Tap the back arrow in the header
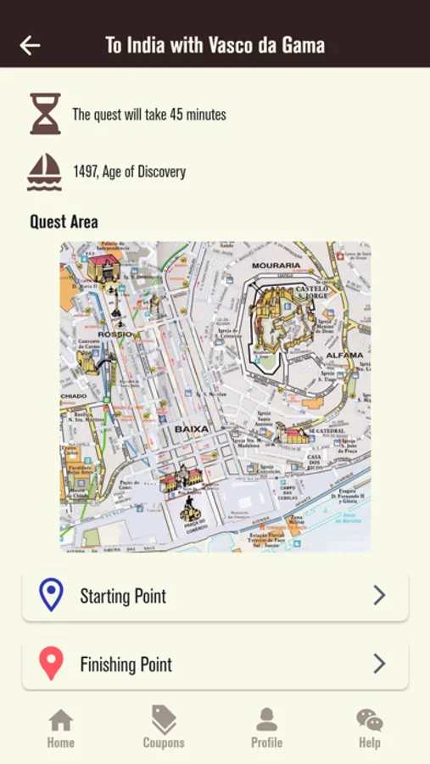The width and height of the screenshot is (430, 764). tap(31, 46)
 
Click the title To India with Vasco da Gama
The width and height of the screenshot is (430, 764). tap(215, 46)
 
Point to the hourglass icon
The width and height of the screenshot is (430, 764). tap(45, 114)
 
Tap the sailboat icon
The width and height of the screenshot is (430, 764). tap(45, 171)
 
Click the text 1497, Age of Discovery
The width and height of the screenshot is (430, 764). tap(129, 171)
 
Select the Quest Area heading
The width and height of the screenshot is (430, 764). tap(64, 222)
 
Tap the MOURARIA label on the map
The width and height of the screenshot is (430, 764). tap(276, 266)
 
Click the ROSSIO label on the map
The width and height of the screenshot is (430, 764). tap(114, 334)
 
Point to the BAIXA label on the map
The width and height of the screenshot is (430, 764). tap(191, 430)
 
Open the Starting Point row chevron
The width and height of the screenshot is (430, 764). tap(379, 596)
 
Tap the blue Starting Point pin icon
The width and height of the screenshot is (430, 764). tap(52, 595)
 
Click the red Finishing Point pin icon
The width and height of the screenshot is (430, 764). tap(52, 664)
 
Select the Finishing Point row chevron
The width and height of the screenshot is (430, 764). tap(379, 664)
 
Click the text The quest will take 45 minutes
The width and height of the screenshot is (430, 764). tap(149, 115)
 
